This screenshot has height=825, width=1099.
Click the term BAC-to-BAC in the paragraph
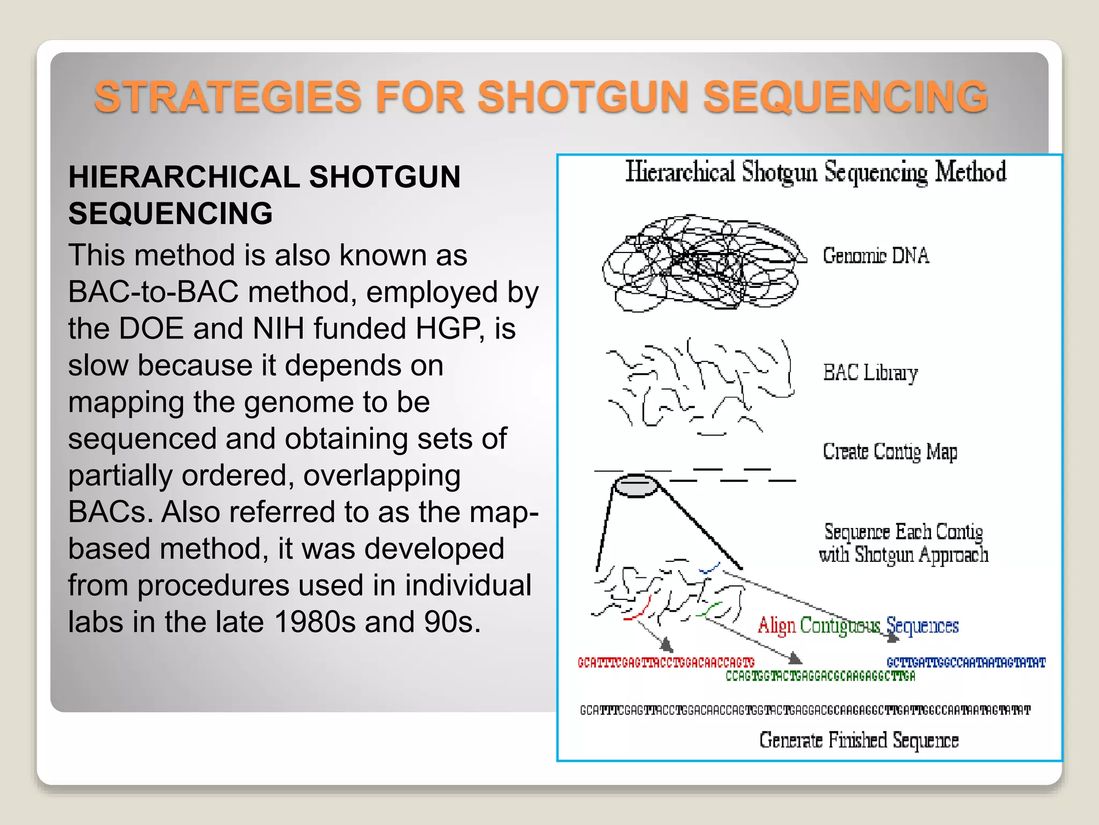pos(153,292)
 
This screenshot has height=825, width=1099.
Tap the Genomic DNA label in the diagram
pos(876,256)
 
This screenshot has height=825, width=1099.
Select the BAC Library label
pos(870,372)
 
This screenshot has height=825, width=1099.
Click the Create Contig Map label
pos(890,452)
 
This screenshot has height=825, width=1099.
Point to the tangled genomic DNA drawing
pos(700,263)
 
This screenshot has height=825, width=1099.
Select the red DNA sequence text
pos(666,663)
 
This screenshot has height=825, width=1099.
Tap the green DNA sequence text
pos(820,676)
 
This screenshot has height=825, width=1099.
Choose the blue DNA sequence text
pos(966,663)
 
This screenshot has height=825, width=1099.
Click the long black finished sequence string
pos(805,711)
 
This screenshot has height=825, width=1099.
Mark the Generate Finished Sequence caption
pos(859,740)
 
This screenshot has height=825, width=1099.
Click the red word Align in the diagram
pos(776,626)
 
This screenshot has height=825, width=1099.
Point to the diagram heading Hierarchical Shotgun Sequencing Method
pos(816,172)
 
